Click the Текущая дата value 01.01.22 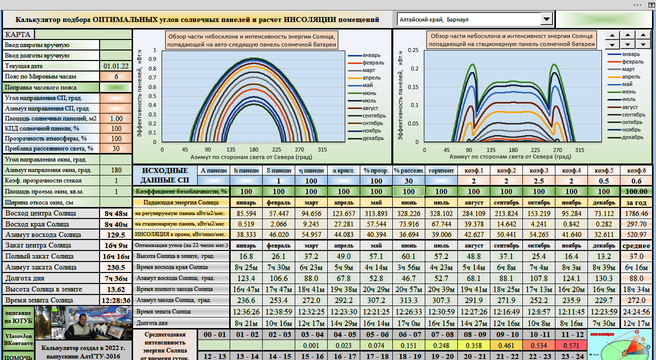pyautogui.click(x=116, y=66)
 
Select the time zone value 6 pyautogui.click(x=116, y=76)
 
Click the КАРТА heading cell pyautogui.click(x=18, y=34)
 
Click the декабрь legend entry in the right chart pyautogui.click(x=632, y=137)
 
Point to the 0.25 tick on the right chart pyautogui.click(x=413, y=50)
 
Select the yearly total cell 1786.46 pyautogui.click(x=637, y=214)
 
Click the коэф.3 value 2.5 pyautogui.click(x=539, y=181)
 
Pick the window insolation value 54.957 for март pyautogui.click(x=311, y=234)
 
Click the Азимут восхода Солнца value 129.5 pyautogui.click(x=116, y=234)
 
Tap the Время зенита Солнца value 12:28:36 pyautogui.click(x=116, y=300)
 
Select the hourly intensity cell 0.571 pyautogui.click(x=571, y=345)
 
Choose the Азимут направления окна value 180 pyautogui.click(x=116, y=170)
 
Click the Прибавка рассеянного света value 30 pyautogui.click(x=116, y=148)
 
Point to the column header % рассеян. pyautogui.click(x=409, y=170)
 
